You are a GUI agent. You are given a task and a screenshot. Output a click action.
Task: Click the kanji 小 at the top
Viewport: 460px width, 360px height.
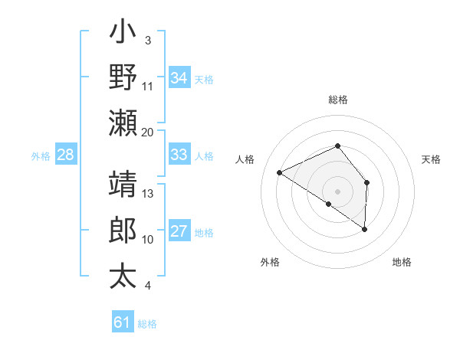click(x=123, y=35)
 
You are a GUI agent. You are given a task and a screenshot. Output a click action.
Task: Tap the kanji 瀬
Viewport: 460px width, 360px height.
click(x=123, y=123)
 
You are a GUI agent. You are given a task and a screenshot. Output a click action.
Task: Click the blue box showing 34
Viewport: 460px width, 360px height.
click(x=179, y=77)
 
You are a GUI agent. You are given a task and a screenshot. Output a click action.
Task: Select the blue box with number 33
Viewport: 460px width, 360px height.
click(x=179, y=155)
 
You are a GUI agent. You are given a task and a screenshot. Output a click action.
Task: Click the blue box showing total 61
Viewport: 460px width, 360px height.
click(x=122, y=322)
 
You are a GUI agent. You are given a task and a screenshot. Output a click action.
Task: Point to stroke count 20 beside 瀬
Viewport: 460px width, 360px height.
click(x=148, y=132)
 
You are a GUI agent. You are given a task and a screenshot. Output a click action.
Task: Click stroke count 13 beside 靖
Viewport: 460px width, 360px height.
click(x=148, y=194)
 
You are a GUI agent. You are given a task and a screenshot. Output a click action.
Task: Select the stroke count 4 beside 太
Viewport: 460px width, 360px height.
click(x=148, y=286)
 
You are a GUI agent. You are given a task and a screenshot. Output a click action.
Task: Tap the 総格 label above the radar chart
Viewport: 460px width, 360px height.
click(x=338, y=100)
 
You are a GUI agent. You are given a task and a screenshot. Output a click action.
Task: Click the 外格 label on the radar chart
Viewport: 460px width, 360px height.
click(x=270, y=262)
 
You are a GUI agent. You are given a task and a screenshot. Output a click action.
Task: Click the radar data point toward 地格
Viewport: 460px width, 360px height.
click(x=364, y=229)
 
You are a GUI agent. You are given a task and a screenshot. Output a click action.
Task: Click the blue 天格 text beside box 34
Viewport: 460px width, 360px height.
click(x=204, y=78)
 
